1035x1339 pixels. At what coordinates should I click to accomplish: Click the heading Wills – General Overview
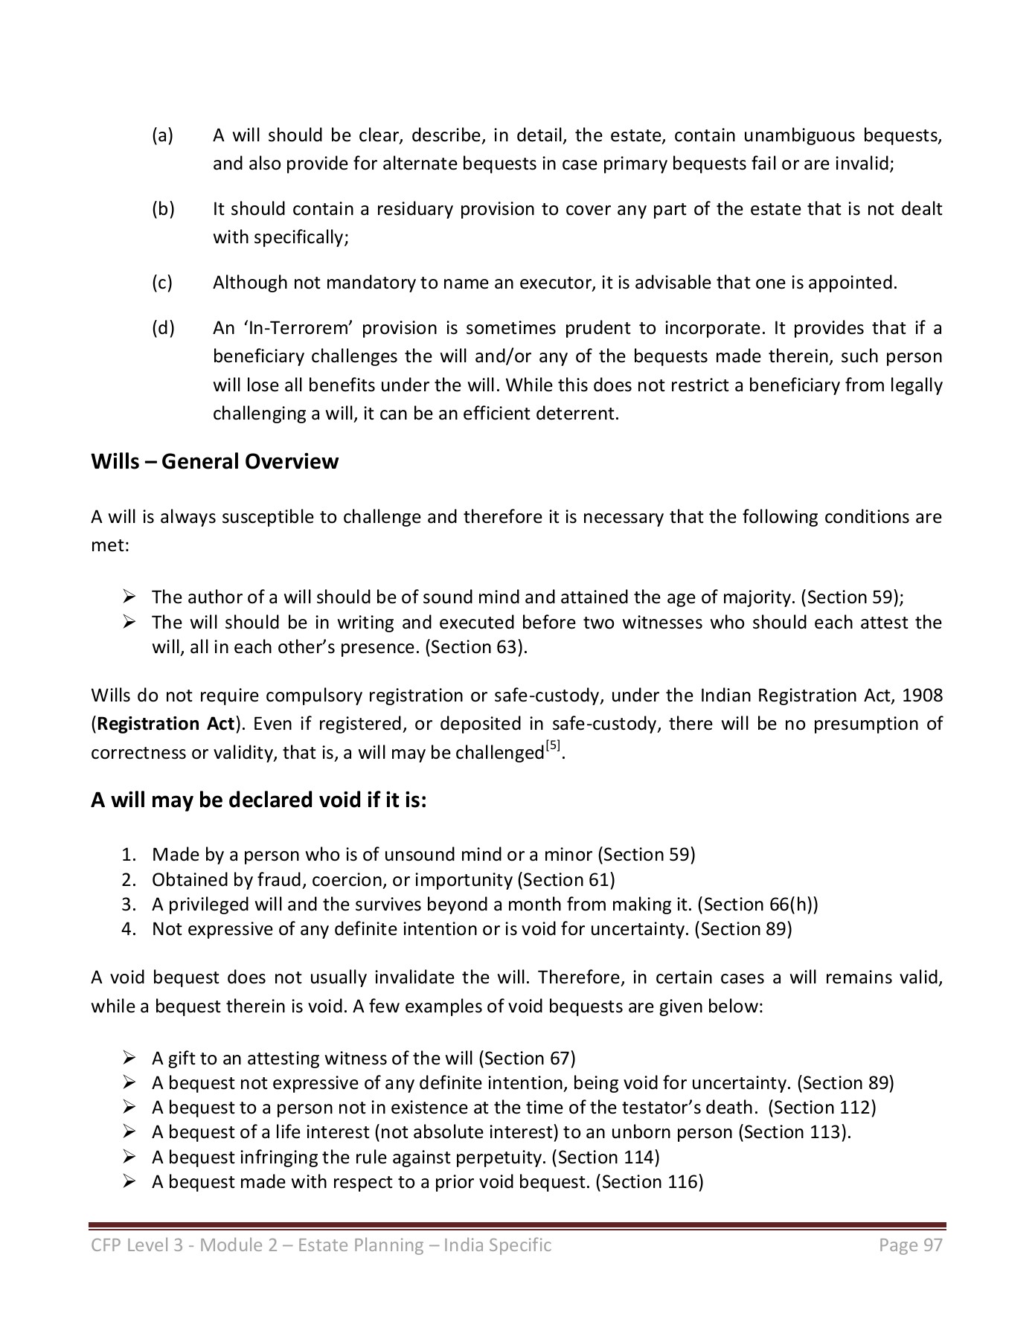click(214, 462)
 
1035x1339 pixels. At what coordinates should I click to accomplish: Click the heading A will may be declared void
click(258, 800)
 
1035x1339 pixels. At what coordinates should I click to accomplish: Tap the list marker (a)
click(162, 135)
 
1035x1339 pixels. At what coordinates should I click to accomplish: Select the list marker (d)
click(163, 328)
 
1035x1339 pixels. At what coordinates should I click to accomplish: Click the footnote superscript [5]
click(553, 746)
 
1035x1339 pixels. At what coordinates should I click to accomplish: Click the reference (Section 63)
click(475, 647)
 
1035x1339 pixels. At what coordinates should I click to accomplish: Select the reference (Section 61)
click(565, 880)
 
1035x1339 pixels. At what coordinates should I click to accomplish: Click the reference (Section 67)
click(527, 1059)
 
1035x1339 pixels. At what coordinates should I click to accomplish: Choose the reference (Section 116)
click(650, 1182)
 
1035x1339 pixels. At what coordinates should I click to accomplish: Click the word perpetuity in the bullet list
click(501, 1157)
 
